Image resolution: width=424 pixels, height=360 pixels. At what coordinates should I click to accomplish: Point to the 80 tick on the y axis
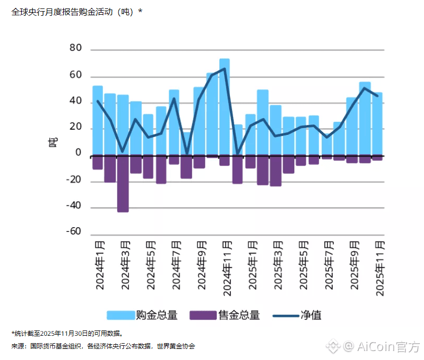pyautogui.click(x=75, y=48)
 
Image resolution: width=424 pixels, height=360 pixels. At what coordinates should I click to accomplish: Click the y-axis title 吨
pyautogui.click(x=53, y=141)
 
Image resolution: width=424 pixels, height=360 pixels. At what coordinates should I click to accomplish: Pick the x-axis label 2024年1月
pyautogui.click(x=100, y=265)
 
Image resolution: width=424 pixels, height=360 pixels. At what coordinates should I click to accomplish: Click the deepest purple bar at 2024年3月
pyautogui.click(x=123, y=184)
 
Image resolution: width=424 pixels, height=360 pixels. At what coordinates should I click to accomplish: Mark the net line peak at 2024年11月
pyautogui.click(x=225, y=69)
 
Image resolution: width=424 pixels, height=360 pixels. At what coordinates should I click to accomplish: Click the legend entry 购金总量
pyautogui.click(x=156, y=315)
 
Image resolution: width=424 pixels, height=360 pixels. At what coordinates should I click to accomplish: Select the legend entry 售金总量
pyautogui.click(x=239, y=315)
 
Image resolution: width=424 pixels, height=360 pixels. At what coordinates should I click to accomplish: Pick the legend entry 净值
pyautogui.click(x=311, y=315)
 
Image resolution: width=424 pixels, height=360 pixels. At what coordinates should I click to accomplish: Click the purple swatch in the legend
pyautogui.click(x=203, y=315)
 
